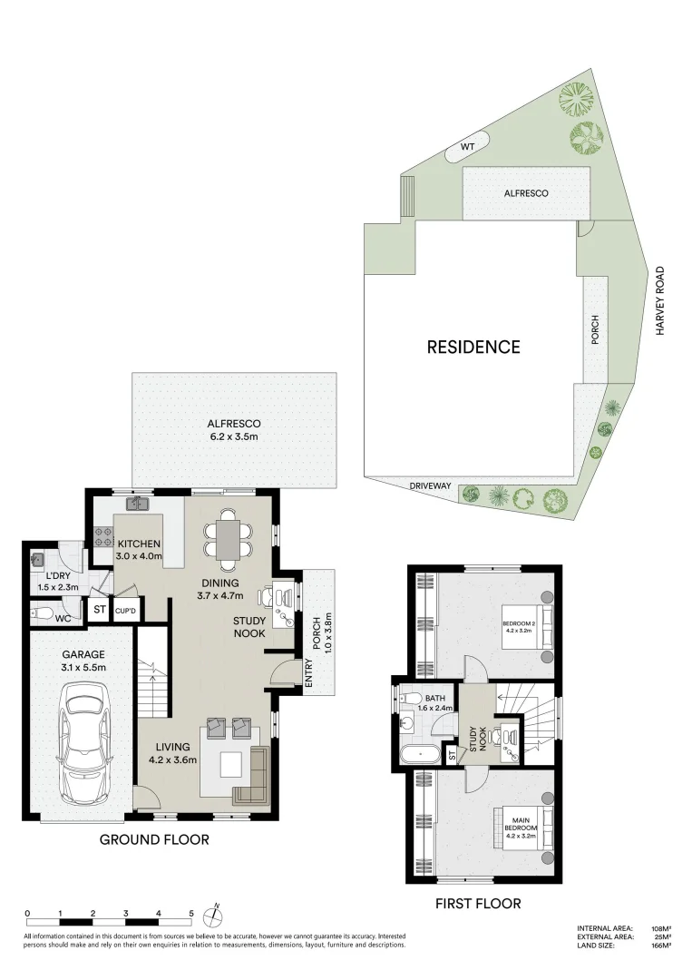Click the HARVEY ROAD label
[x=661, y=300]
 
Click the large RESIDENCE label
[x=473, y=347]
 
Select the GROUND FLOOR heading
[x=154, y=839]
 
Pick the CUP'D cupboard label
[x=126, y=611]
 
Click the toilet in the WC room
[x=42, y=618]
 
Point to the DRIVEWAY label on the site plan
[x=430, y=486]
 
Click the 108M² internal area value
[x=661, y=928]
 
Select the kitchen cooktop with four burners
[x=102, y=533]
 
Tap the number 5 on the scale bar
[x=191, y=913]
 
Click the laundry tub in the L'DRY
[x=38, y=560]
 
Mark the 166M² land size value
[x=661, y=946]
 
